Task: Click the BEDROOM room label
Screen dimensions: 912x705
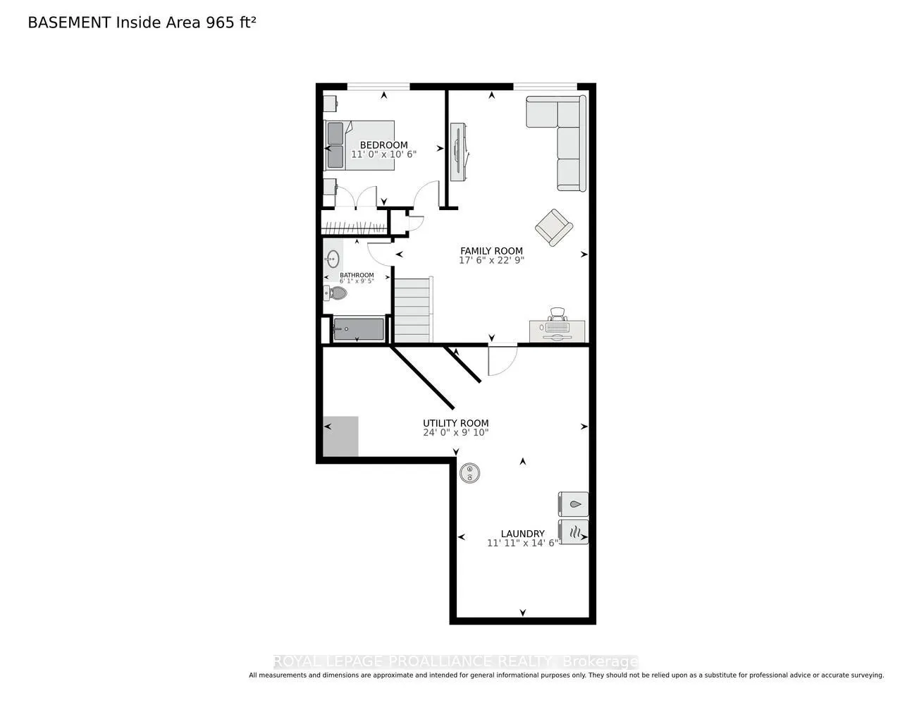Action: pos(383,145)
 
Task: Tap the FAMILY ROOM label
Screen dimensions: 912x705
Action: pos(491,251)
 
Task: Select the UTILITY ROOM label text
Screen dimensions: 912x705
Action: pos(456,423)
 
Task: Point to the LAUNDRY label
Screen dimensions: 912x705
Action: pos(522,534)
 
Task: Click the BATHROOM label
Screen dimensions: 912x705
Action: pos(357,275)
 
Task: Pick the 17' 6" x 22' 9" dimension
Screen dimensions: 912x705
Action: pos(491,260)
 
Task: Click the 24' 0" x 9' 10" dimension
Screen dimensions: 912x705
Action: pos(456,432)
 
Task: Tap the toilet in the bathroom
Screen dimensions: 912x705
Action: pos(335,293)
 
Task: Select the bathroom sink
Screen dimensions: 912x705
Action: pos(333,259)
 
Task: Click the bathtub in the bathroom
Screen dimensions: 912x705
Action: pos(359,329)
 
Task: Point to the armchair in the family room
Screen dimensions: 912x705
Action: pos(553,228)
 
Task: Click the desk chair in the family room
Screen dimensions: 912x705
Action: pos(557,314)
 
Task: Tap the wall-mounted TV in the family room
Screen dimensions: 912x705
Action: pos(459,152)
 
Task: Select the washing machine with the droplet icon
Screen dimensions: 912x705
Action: pos(573,503)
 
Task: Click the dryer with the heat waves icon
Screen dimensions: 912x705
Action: pos(573,532)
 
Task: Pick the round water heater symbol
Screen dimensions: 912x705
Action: pos(469,473)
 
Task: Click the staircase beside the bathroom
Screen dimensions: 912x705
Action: pos(414,309)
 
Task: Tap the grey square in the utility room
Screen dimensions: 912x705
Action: pos(341,436)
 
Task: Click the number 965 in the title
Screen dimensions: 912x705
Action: pos(220,23)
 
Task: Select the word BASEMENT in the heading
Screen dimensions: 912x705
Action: pos(69,23)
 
